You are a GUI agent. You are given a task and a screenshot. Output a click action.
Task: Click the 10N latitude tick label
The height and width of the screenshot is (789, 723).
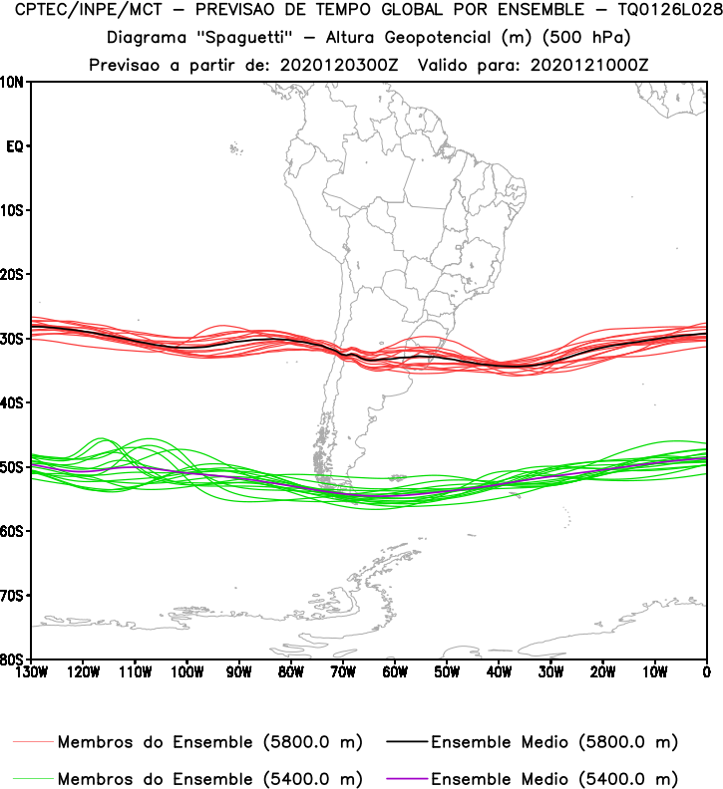tap(13, 82)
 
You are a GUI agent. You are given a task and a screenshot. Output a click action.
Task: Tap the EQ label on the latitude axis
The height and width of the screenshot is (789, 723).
tap(14, 146)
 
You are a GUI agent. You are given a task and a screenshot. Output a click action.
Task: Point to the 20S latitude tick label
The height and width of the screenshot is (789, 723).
tap(13, 274)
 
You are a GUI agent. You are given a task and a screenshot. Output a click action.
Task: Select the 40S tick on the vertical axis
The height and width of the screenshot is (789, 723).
tap(13, 402)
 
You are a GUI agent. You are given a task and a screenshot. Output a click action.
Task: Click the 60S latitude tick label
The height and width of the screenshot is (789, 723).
tap(13, 531)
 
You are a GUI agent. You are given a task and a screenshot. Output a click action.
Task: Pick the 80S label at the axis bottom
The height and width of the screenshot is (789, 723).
tap(13, 659)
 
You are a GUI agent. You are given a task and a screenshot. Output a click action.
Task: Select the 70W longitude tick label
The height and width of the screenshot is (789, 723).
tap(342, 670)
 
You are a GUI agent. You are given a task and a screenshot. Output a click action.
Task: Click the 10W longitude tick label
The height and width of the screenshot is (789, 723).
tap(654, 670)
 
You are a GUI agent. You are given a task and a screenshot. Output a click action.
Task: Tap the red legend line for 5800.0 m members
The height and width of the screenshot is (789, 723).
tap(33, 743)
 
